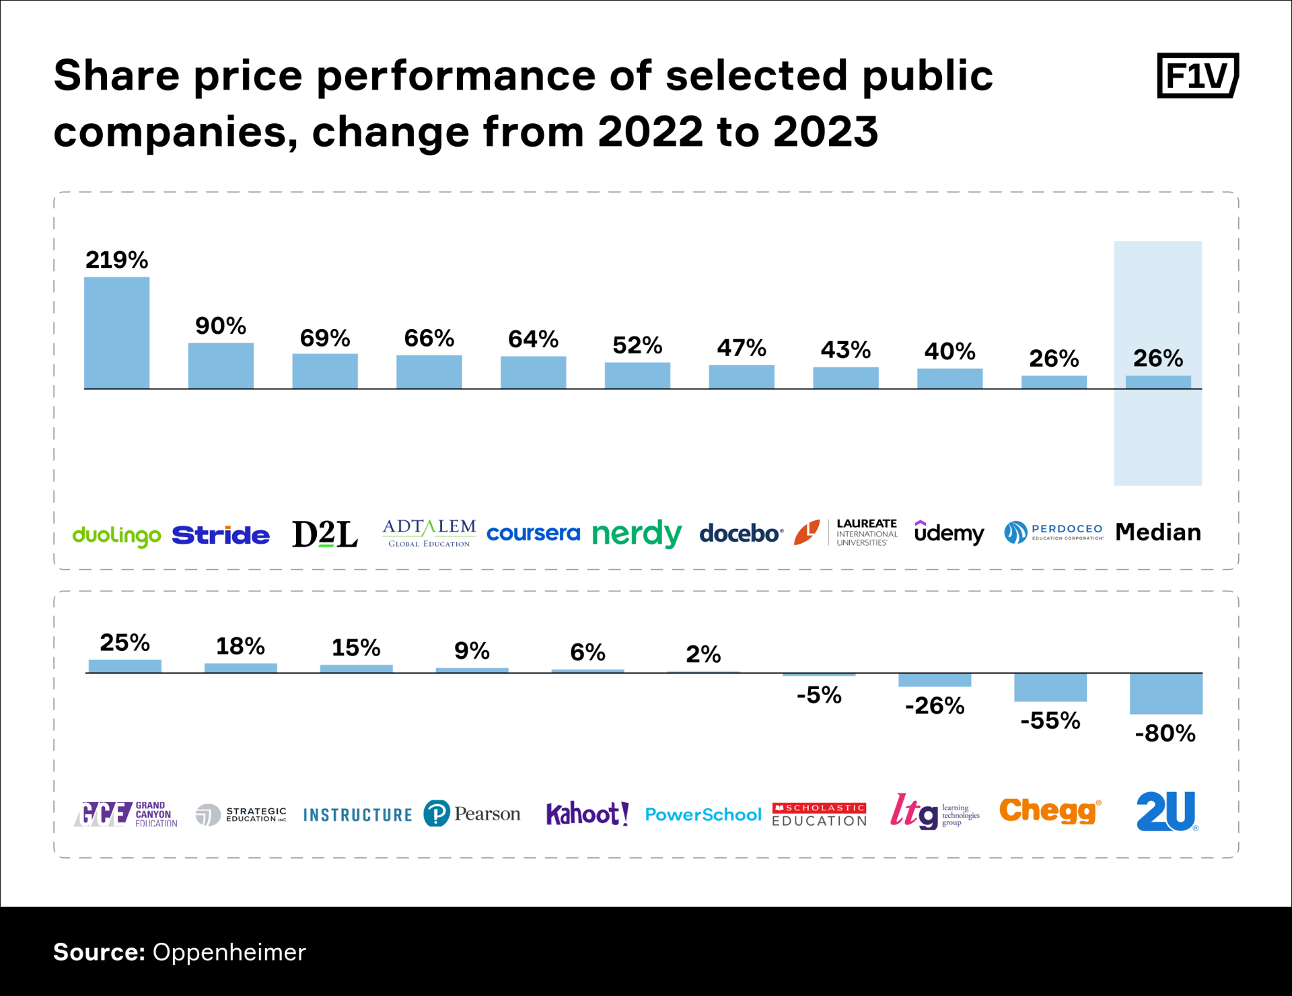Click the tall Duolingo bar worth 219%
click(116, 333)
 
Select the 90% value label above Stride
click(221, 326)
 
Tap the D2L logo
click(324, 534)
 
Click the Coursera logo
click(533, 534)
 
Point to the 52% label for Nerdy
click(637, 346)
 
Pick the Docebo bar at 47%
click(742, 377)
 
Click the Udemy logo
click(949, 533)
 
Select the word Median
click(1157, 532)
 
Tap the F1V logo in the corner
click(1197, 75)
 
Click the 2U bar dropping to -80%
click(1165, 693)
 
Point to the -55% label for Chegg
click(1050, 721)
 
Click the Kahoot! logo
click(587, 814)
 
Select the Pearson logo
click(472, 814)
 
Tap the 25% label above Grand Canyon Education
click(124, 643)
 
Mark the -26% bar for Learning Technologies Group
click(935, 680)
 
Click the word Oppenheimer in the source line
click(229, 952)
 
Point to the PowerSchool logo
click(703, 815)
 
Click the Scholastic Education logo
click(819, 814)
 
